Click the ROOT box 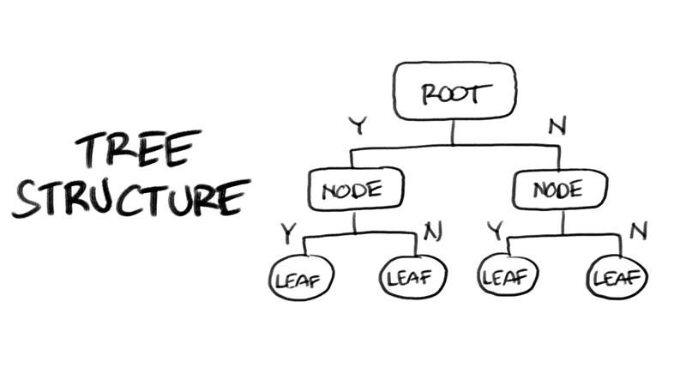click(x=454, y=92)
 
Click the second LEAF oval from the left click(x=412, y=277)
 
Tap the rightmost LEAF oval click(x=617, y=278)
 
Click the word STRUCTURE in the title click(x=130, y=197)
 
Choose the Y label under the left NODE click(x=290, y=231)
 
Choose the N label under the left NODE click(x=430, y=231)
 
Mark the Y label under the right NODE click(x=496, y=231)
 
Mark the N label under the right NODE click(x=635, y=231)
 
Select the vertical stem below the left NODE click(x=355, y=221)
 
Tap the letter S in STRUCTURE click(x=27, y=199)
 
